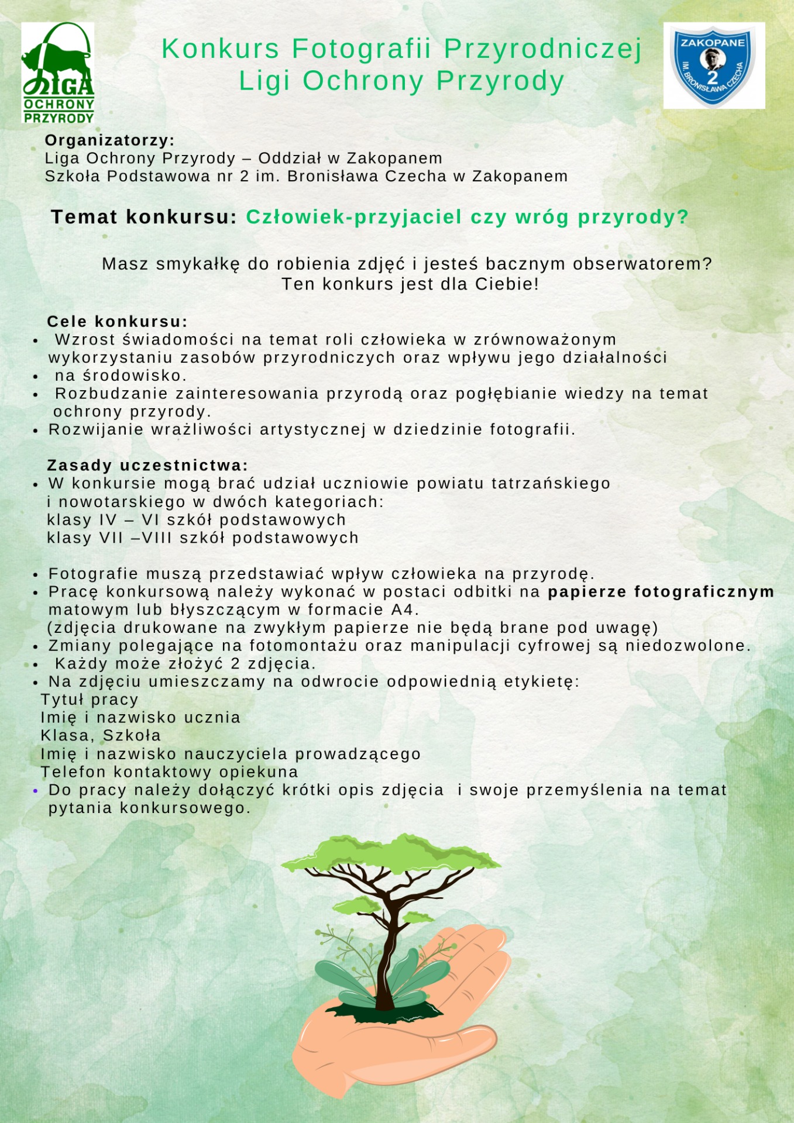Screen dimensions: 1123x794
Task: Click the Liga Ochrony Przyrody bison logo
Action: (58, 73)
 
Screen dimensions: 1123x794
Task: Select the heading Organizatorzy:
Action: (110, 140)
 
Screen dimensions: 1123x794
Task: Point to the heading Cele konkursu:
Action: (117, 322)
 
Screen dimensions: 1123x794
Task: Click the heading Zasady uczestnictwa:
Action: (147, 466)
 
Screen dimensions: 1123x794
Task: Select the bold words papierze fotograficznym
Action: (661, 592)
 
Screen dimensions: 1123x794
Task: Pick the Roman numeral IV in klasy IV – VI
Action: (108, 520)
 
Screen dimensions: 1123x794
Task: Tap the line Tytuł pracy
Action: (90, 700)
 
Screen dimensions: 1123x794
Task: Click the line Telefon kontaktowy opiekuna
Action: (169, 772)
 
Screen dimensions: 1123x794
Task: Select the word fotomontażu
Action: (303, 646)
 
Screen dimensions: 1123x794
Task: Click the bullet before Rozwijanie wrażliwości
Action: (36, 431)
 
